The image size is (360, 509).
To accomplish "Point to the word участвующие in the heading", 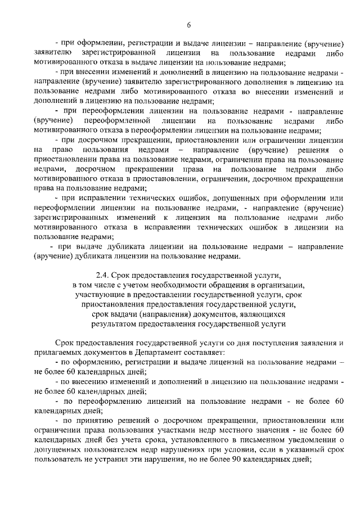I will coord(98,295).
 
